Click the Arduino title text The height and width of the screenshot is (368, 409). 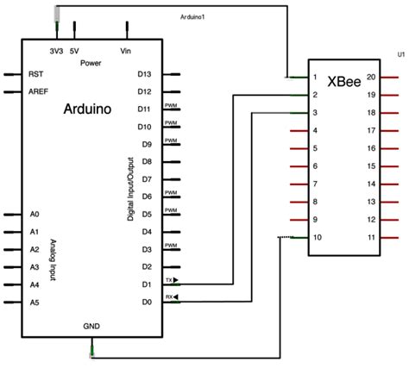91,109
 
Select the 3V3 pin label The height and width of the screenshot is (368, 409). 57,51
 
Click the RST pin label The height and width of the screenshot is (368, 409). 35,74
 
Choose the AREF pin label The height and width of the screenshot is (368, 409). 38,91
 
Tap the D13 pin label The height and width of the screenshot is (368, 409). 144,74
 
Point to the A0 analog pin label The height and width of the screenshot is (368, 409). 35,214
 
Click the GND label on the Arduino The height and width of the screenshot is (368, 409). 91,328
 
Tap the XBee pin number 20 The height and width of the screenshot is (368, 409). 371,78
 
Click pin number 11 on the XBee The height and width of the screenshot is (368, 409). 371,237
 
